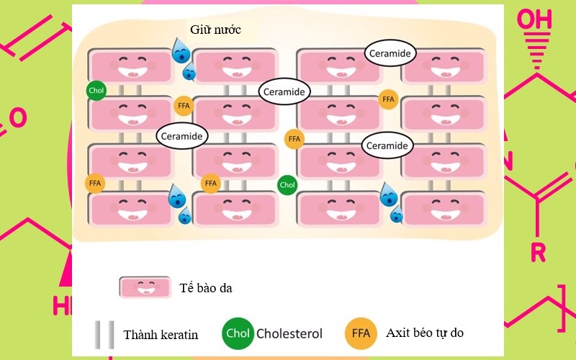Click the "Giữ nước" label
click(215, 30)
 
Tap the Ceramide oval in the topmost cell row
click(390, 53)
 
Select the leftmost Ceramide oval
click(182, 135)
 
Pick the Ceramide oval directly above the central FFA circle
click(284, 91)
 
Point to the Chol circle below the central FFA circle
click(287, 185)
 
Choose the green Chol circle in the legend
click(238, 333)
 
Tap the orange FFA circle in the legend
click(361, 333)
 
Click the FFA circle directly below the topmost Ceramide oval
click(389, 99)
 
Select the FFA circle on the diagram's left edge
click(95, 184)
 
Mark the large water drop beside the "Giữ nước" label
click(181, 51)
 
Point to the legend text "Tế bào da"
click(206, 289)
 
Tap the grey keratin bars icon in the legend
click(104, 334)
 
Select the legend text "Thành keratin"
click(161, 335)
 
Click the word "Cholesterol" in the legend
click(289, 334)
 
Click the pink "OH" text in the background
click(536, 19)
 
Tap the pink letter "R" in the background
click(538, 252)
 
